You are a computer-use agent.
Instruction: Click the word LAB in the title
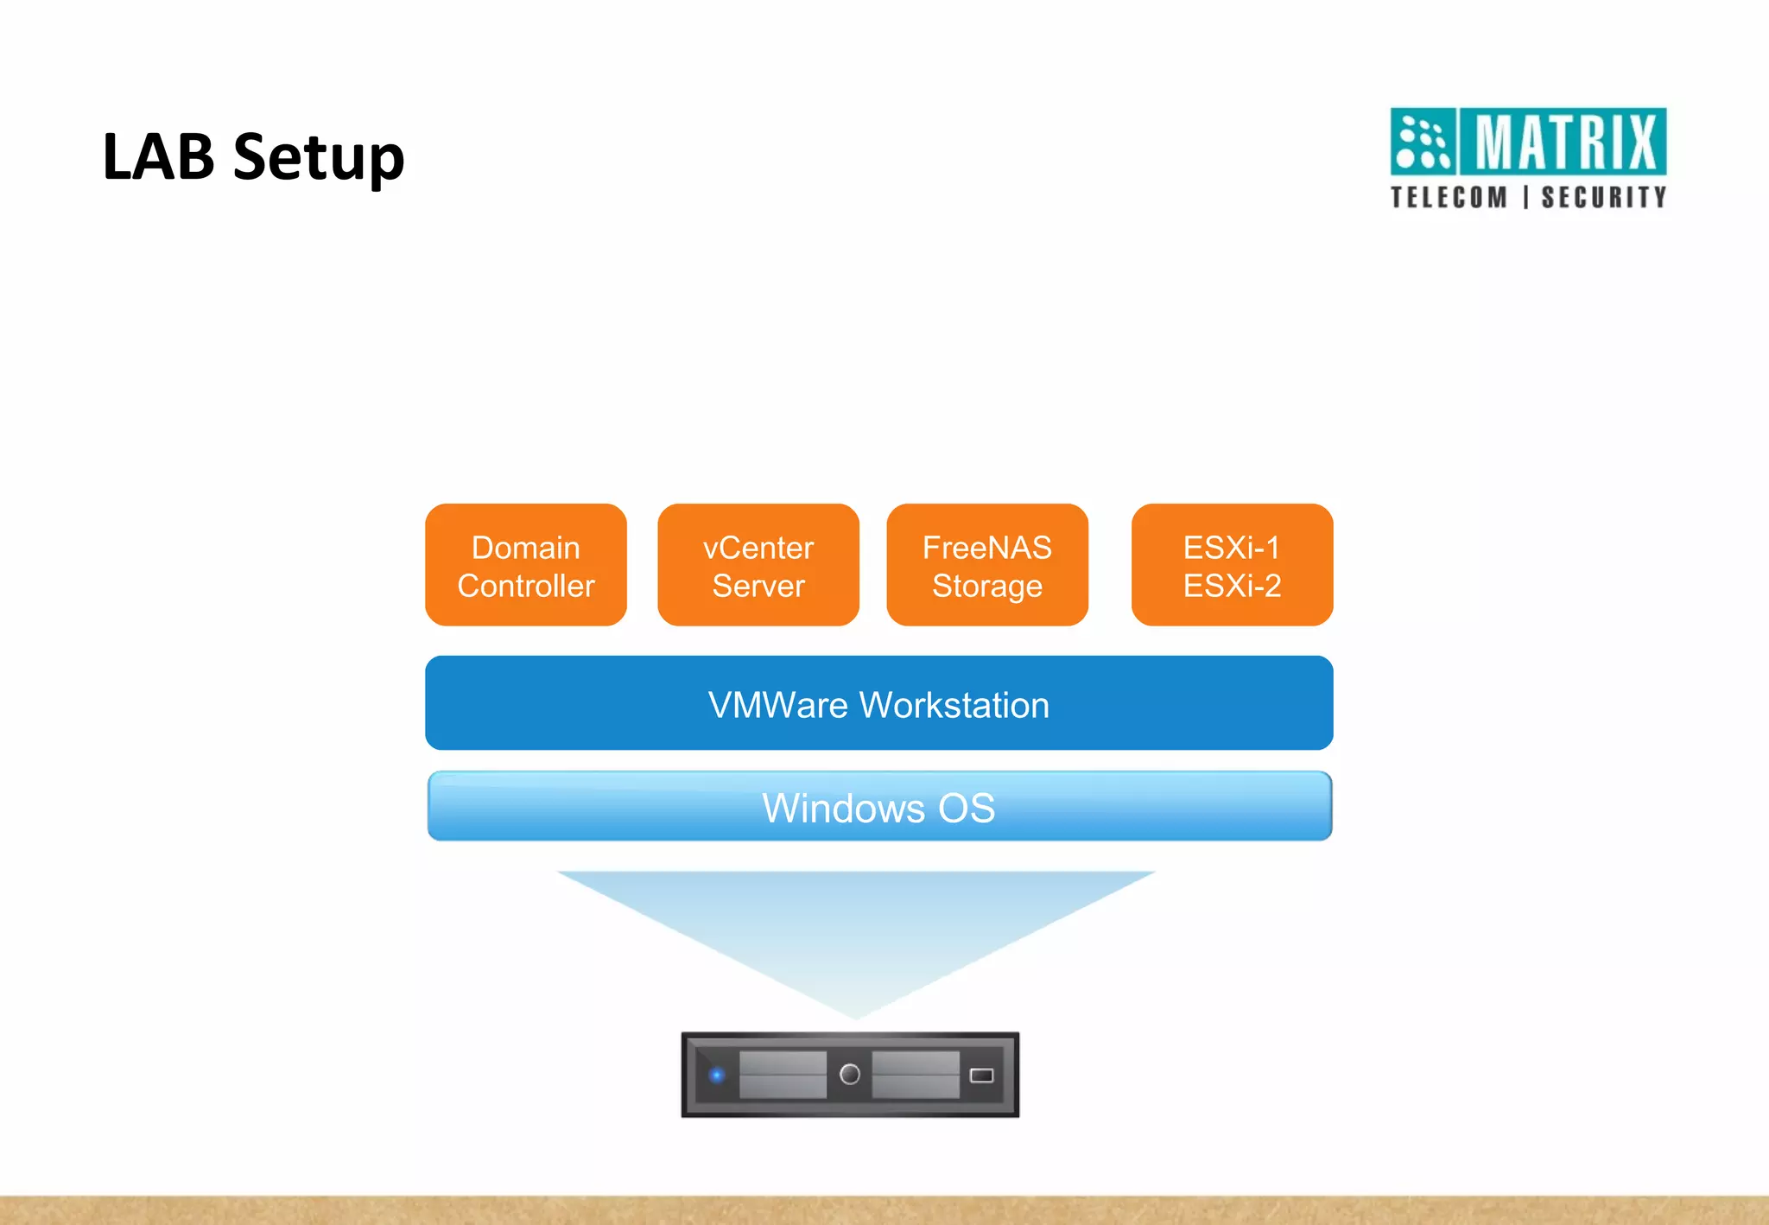[x=158, y=157]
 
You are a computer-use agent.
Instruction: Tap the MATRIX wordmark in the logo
[x=1564, y=142]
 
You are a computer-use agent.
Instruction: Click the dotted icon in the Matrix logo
[x=1423, y=142]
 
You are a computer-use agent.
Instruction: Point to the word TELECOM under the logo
[x=1449, y=198]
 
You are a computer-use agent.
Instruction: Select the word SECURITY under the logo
[x=1604, y=198]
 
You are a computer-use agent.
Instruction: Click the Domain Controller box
[x=525, y=566]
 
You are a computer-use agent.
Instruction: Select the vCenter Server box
[x=758, y=566]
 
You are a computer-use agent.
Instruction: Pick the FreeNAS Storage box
[x=986, y=566]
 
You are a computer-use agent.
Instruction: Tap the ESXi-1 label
[x=1231, y=548]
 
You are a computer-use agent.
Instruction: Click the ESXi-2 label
[x=1232, y=586]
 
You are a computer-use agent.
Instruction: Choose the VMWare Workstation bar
[x=878, y=703]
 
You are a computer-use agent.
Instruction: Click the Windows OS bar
[x=878, y=807]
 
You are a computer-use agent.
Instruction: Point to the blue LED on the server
[x=716, y=1076]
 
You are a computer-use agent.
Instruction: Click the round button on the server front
[x=850, y=1074]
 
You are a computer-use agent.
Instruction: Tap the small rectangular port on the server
[x=982, y=1076]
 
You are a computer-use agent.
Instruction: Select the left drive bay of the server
[x=783, y=1075]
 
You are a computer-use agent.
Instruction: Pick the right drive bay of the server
[x=916, y=1075]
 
